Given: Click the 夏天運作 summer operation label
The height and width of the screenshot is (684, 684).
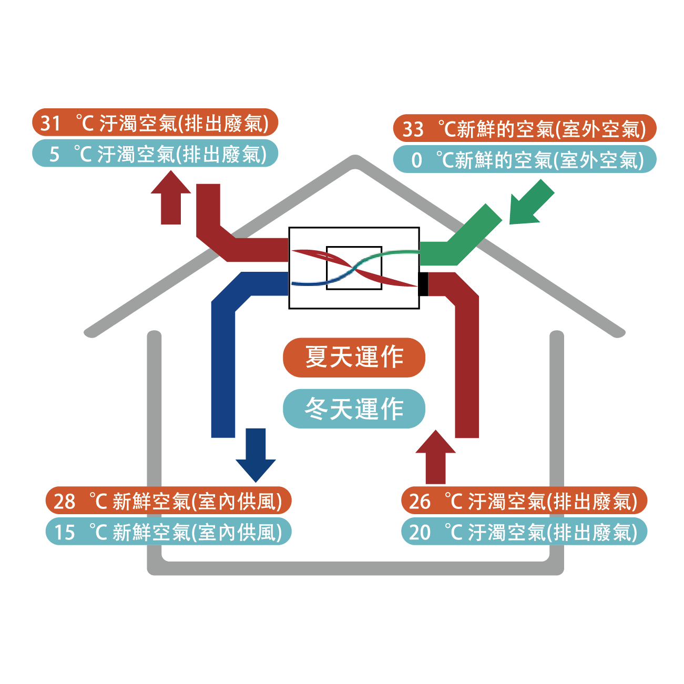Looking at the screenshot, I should [x=354, y=358].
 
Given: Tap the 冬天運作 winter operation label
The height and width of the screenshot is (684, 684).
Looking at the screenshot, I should [x=354, y=409].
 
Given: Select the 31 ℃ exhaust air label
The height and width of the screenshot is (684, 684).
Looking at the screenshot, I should [x=155, y=123].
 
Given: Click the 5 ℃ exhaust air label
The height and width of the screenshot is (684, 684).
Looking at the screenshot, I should [x=155, y=154].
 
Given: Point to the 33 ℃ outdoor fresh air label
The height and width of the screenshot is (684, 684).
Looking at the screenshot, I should [x=525, y=128].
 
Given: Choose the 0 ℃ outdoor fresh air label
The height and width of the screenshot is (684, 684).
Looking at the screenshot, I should [x=525, y=159].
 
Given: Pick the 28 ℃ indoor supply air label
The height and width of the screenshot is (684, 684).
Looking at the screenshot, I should [x=168, y=501].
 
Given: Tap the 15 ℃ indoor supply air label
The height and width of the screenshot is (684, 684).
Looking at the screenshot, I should [x=168, y=532].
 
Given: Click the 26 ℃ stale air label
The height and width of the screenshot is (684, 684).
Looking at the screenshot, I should [x=524, y=501].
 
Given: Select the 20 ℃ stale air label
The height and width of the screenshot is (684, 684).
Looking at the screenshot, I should [x=524, y=532].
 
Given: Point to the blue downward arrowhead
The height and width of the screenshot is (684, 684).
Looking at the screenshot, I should [x=256, y=465].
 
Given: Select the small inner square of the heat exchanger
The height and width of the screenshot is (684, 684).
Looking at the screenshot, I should [x=354, y=268].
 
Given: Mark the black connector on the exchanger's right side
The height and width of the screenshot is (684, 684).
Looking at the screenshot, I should [x=423, y=284].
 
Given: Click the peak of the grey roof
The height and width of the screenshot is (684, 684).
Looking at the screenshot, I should [x=355, y=161].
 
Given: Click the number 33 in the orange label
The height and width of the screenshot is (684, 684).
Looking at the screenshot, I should [x=413, y=129].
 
